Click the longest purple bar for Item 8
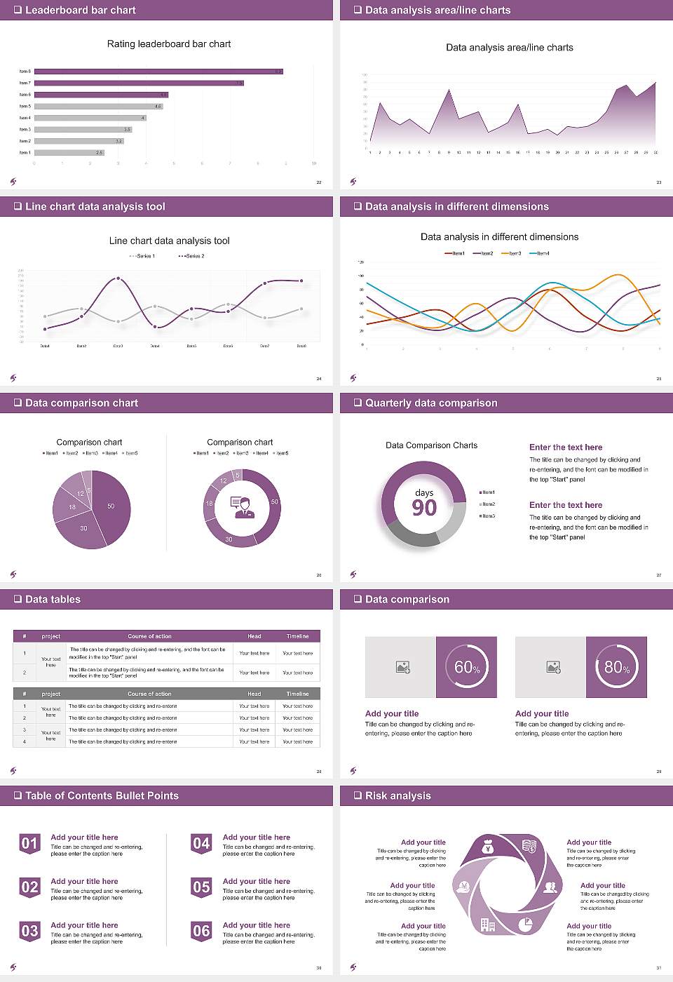point(158,72)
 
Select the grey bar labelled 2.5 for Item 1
point(69,152)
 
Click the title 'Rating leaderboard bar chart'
point(168,44)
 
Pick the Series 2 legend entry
point(191,256)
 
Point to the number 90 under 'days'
point(424,508)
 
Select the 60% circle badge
point(467,667)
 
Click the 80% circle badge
point(617,667)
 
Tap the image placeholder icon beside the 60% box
point(402,667)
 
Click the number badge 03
point(29,931)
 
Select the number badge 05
point(201,887)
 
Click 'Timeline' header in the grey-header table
point(297,694)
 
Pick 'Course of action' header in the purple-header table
point(149,636)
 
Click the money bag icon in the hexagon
point(489,848)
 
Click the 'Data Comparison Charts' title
point(431,445)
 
